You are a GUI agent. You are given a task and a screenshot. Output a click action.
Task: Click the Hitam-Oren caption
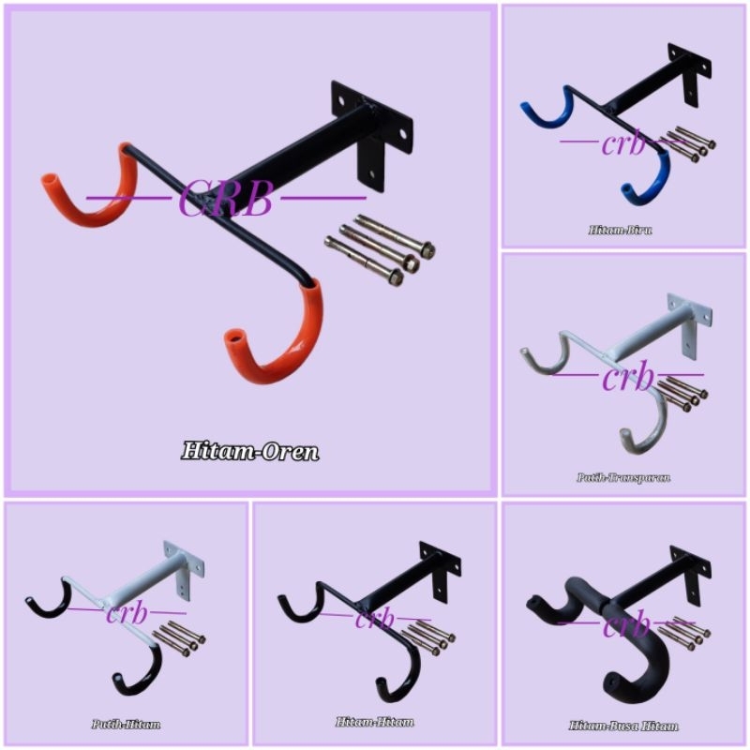[250, 452]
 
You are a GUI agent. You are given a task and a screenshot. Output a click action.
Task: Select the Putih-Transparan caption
[624, 477]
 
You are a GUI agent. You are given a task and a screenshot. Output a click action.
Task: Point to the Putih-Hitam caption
[126, 725]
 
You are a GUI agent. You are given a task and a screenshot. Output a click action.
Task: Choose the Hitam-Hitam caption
[375, 723]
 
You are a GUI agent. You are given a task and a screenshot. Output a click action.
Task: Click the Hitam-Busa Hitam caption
[623, 726]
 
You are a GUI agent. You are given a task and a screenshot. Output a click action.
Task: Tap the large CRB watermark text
[225, 199]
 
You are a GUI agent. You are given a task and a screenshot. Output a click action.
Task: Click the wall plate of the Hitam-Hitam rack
[440, 570]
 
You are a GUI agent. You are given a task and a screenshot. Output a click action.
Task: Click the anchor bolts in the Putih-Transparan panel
[682, 392]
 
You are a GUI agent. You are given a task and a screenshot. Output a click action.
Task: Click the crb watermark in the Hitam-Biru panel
[623, 145]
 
